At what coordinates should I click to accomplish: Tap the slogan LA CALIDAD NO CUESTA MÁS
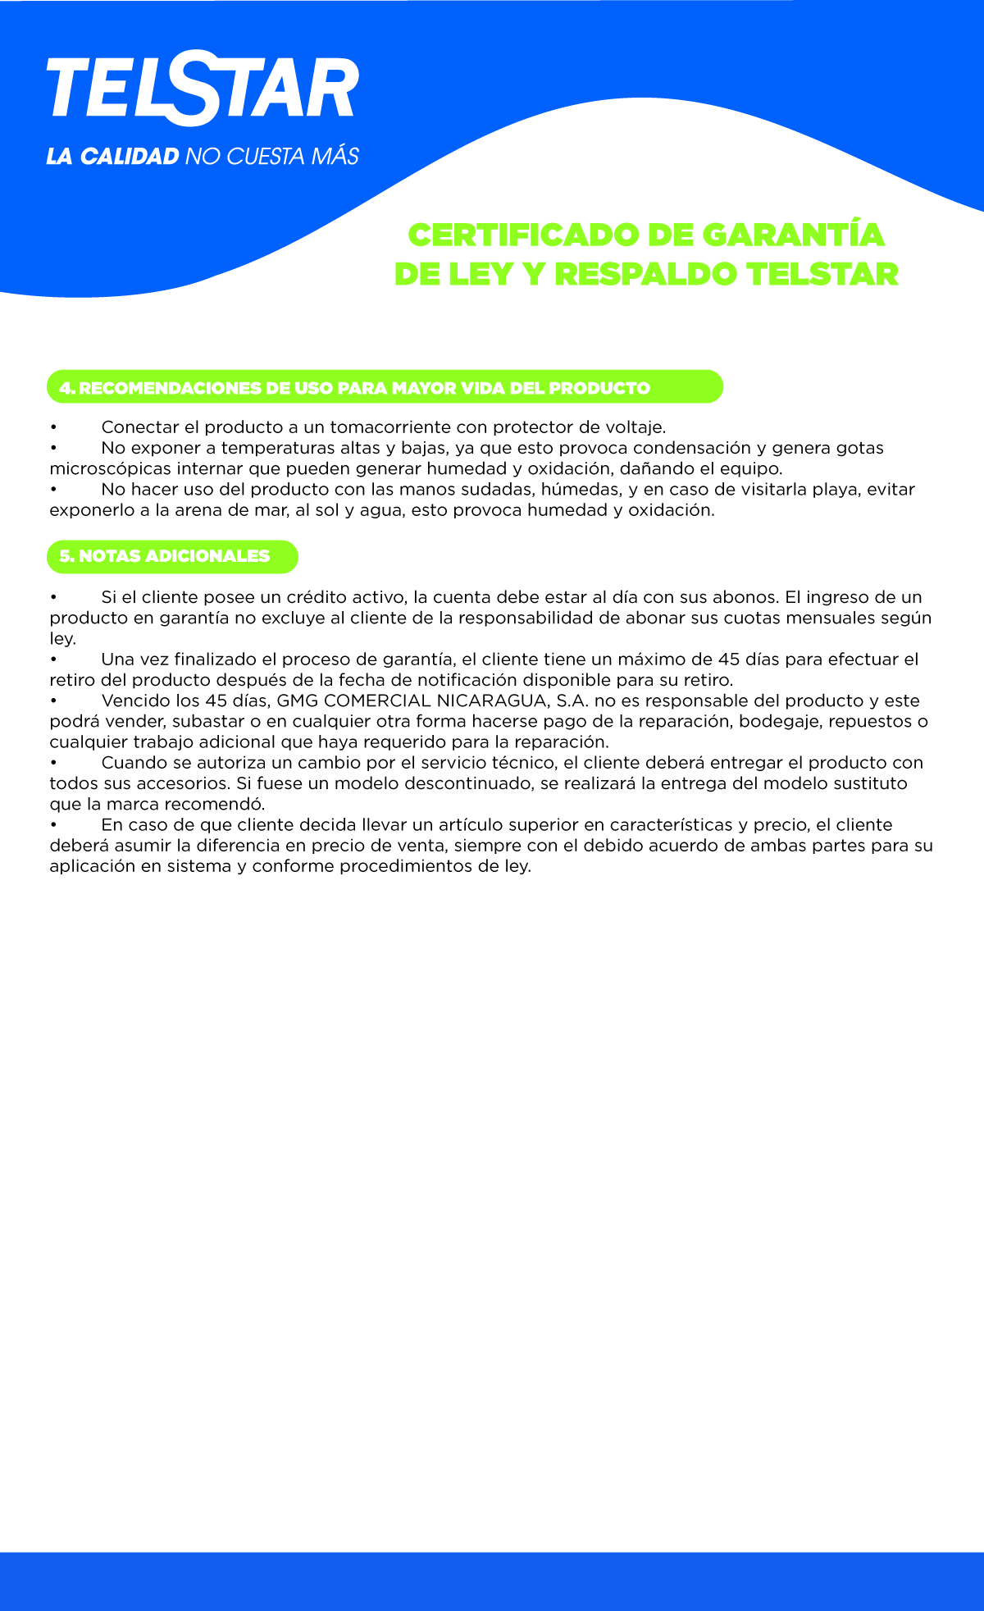[203, 156]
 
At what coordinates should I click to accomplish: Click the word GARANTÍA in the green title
[793, 235]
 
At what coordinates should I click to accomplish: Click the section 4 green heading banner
[385, 387]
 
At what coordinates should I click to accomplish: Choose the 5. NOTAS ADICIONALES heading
[172, 556]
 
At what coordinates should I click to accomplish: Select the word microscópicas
[110, 469]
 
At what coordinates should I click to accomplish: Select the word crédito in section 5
[317, 597]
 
